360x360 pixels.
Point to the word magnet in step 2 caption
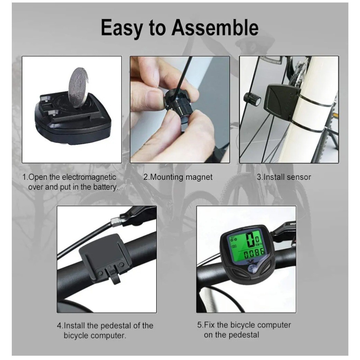[x=199, y=177]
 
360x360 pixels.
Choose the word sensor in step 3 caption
[x=299, y=177]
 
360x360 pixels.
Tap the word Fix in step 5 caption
[x=209, y=325]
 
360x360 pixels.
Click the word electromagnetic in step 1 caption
[x=90, y=177]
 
